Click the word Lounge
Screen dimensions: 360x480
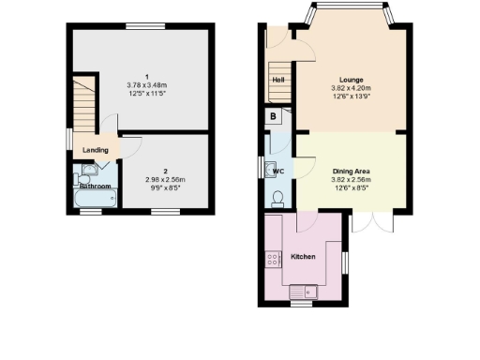[x=352, y=80]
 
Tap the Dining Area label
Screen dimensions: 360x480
[x=352, y=172]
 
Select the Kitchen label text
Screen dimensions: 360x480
[x=303, y=256]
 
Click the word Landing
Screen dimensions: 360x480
[x=95, y=149]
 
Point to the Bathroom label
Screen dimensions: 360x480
[x=95, y=187]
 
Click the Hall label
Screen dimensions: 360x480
[x=278, y=80]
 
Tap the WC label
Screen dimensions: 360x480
[x=278, y=172]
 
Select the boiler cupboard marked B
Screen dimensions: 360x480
[x=273, y=117]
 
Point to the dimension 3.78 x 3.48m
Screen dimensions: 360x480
[x=145, y=84]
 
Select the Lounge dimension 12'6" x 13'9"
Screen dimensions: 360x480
[x=352, y=97]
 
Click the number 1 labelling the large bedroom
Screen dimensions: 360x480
[x=145, y=75]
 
